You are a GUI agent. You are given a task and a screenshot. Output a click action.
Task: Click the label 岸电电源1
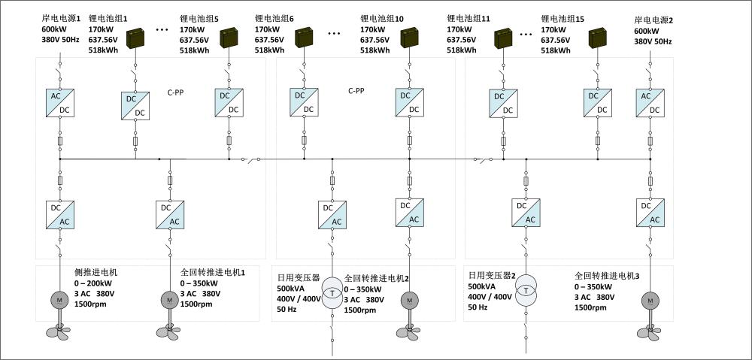click(x=61, y=18)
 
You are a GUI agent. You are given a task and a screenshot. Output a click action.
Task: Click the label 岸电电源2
click(x=653, y=18)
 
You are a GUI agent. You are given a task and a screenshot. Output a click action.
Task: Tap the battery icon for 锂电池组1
click(x=137, y=38)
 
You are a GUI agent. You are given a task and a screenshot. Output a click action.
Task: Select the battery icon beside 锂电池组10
click(x=410, y=38)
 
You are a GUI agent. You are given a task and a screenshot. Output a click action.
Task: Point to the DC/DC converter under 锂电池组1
click(x=135, y=104)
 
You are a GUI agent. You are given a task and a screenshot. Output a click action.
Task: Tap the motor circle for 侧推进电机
click(x=59, y=300)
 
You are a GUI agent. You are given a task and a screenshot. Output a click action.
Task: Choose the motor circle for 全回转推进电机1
click(x=168, y=300)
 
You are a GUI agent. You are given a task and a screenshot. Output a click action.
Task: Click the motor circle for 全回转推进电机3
click(x=650, y=300)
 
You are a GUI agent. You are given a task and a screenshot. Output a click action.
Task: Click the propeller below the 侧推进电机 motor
click(x=59, y=330)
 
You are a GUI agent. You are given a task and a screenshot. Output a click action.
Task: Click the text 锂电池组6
click(x=274, y=18)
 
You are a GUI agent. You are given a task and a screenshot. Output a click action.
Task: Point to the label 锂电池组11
click(x=468, y=18)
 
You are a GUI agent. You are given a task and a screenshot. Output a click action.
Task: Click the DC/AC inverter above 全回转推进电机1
click(x=168, y=214)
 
